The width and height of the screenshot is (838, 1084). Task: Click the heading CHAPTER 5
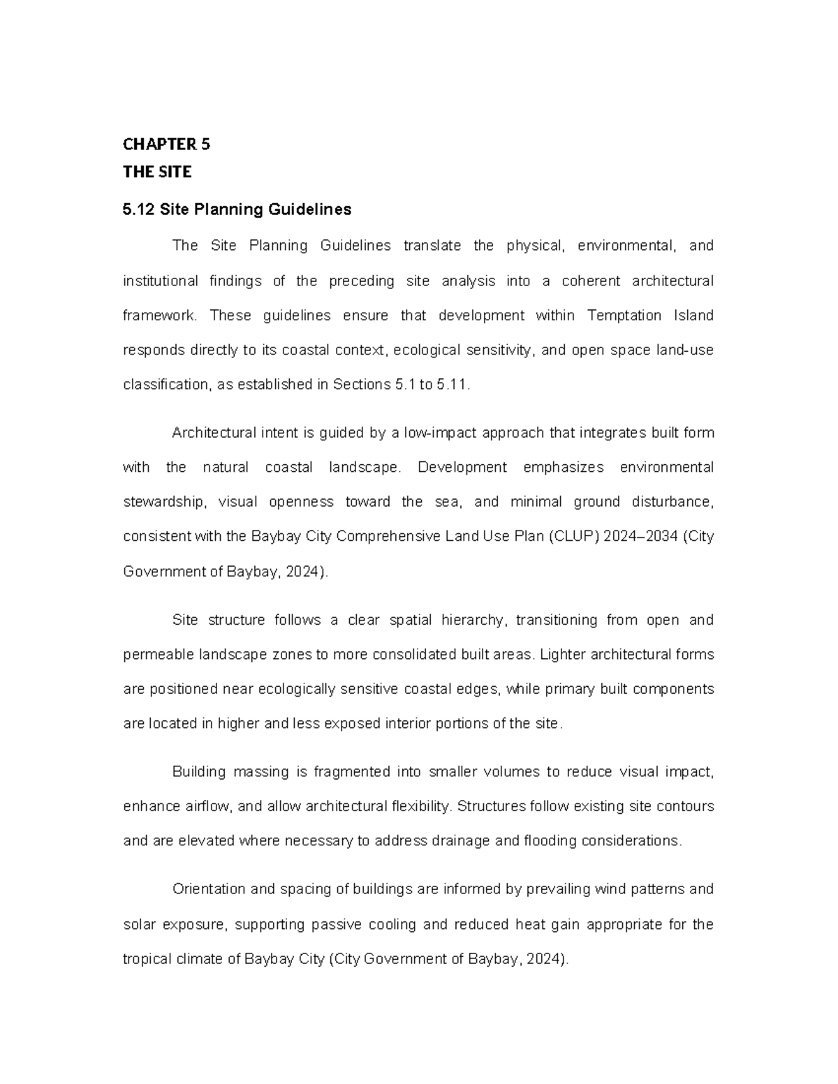coord(166,144)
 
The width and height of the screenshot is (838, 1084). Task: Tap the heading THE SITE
coord(157,172)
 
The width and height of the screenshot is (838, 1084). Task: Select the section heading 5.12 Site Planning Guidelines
coord(237,209)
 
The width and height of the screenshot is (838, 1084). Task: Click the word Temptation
coord(624,315)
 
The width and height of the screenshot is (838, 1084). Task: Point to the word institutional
coord(161,281)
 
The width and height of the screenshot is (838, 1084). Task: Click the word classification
coord(165,385)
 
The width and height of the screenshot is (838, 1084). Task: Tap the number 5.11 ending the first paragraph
coord(452,385)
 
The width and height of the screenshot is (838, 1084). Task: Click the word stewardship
coord(164,502)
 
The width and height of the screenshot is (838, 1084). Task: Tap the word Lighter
coord(563,655)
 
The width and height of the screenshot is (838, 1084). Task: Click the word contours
coord(685,806)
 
